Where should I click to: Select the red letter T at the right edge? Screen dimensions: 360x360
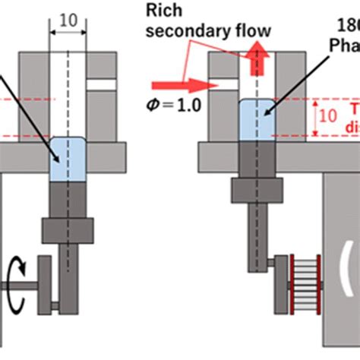click(x=355, y=107)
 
